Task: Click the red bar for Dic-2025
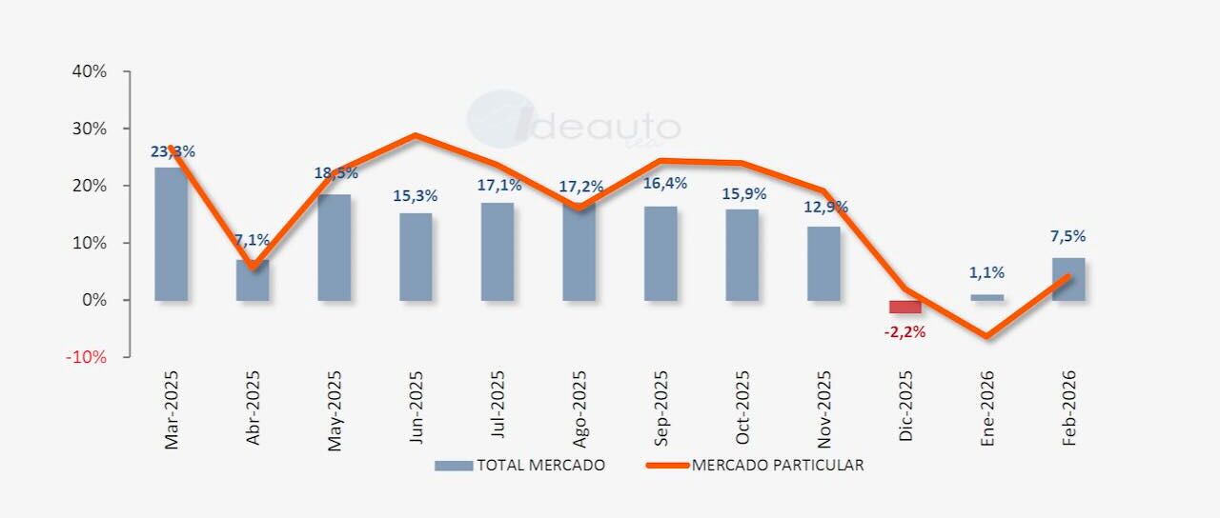coord(905,307)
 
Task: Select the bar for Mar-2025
coord(171,234)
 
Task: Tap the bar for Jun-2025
coord(416,257)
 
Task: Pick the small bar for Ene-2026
coord(987,297)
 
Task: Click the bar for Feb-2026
coord(1068,279)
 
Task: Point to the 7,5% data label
coord(1067,236)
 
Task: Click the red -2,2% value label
coord(905,332)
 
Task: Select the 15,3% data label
coord(415,196)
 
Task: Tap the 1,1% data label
coord(986,272)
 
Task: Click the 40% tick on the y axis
coord(88,71)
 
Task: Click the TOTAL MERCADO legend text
coord(540,466)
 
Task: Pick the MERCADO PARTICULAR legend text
coord(778,466)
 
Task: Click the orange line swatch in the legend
coord(666,466)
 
